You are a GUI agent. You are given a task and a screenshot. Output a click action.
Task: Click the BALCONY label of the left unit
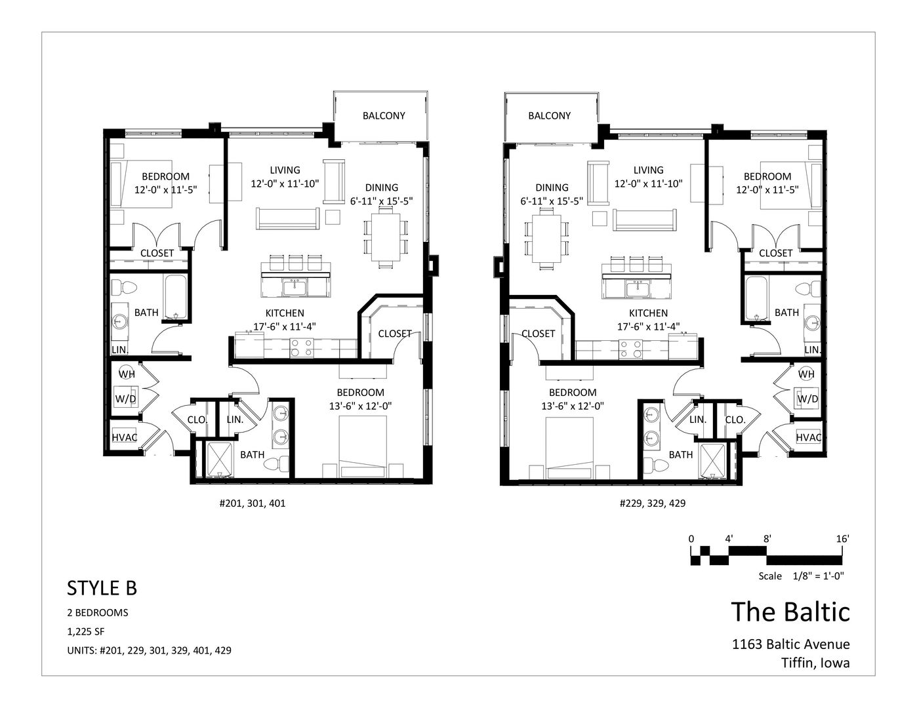[384, 115]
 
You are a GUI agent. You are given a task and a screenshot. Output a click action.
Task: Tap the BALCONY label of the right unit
[549, 115]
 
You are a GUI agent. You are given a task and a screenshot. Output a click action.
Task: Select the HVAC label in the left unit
[125, 437]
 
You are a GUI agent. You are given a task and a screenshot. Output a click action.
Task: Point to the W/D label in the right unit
[807, 399]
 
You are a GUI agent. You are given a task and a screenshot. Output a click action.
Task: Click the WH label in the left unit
[127, 374]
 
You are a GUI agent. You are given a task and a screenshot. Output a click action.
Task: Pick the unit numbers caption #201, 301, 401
[253, 503]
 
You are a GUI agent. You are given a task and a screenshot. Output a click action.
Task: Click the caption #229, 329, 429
[653, 503]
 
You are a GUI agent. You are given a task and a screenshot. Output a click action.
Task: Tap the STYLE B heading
[102, 588]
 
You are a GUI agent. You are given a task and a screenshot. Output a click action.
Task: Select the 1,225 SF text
[86, 632]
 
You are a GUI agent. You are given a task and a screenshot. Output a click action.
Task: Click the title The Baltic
[790, 612]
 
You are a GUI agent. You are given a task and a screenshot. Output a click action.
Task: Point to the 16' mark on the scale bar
[842, 539]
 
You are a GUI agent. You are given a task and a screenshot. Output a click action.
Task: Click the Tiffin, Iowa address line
[815, 663]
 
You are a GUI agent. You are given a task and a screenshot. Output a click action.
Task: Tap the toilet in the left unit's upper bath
[125, 288]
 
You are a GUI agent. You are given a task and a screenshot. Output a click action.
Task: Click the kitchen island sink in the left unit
[295, 288]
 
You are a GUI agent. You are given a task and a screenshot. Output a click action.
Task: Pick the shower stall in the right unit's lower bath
[712, 460]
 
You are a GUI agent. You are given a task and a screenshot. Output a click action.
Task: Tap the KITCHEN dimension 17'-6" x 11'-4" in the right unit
[649, 326]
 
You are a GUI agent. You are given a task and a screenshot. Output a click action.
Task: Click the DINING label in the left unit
[382, 187]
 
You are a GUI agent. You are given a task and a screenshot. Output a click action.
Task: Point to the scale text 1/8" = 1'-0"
[818, 576]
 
